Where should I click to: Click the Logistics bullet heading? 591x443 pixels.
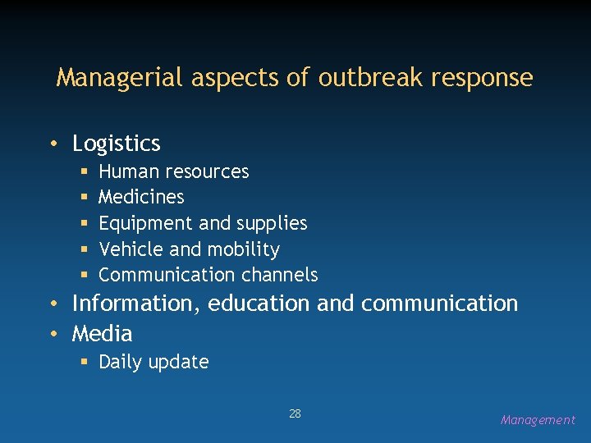click(116, 144)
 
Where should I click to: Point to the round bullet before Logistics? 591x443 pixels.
click(53, 144)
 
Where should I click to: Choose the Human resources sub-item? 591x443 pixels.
click(173, 171)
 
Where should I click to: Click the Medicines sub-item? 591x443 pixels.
click(141, 197)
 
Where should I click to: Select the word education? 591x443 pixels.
click(259, 304)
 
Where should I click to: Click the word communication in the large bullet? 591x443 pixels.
click(439, 304)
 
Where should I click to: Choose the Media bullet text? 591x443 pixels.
click(102, 334)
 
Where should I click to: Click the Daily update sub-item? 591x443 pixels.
click(153, 362)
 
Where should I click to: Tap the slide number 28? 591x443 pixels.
click(295, 413)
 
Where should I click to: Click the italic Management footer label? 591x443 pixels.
click(538, 420)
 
